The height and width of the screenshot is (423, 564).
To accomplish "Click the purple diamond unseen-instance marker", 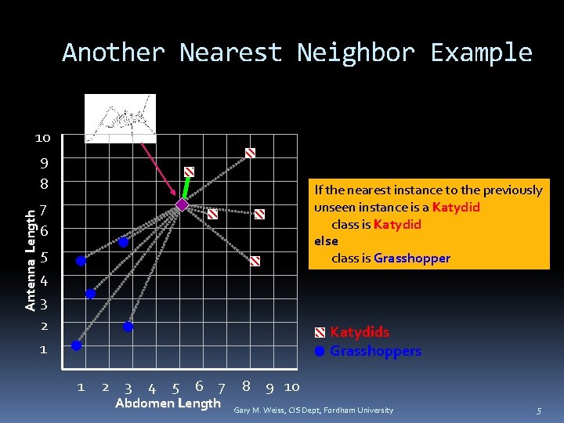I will (182, 204).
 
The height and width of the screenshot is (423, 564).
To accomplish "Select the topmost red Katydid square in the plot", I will (250, 153).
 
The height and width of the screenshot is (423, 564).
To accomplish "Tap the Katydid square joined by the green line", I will (190, 172).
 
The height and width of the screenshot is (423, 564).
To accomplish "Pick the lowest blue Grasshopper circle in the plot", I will (76, 345).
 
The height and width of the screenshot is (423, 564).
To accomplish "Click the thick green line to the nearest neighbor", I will (186, 188).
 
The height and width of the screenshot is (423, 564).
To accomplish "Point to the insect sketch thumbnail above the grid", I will (120, 118).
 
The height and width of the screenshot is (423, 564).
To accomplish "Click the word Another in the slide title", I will (114, 52).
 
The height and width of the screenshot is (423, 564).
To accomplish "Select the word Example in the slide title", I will (481, 52).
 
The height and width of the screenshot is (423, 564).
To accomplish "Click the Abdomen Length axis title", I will (168, 403).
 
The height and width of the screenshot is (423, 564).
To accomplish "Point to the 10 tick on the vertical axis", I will (42, 138).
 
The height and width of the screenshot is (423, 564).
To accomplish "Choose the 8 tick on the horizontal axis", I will (246, 386).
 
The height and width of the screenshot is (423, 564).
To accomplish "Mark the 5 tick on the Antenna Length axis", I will (45, 257).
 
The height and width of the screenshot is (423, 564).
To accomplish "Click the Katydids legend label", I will (359, 332).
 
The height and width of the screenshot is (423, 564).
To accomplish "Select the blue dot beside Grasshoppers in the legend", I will (320, 351).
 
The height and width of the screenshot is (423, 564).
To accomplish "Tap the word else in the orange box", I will (326, 240).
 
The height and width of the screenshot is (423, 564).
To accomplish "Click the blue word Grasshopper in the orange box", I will (412, 258).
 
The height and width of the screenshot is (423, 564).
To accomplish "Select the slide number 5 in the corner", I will (538, 410).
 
